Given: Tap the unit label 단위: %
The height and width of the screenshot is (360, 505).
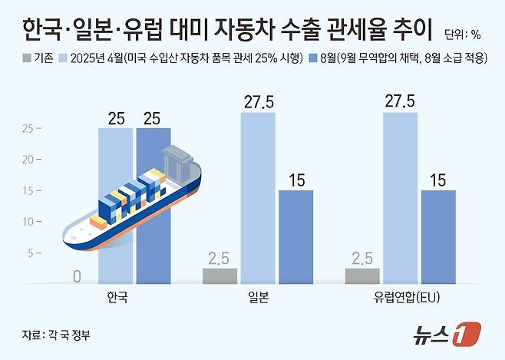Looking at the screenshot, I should pyautogui.click(x=465, y=34).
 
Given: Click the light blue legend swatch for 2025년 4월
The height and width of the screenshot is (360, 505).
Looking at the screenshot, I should pyautogui.click(x=62, y=58).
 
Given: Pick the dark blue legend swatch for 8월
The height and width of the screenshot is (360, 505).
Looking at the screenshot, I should pyautogui.click(x=312, y=58).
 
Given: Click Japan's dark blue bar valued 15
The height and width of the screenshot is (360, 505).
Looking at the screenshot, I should pyautogui.click(x=295, y=236).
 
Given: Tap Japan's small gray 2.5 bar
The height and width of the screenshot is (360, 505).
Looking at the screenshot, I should pyautogui.click(x=220, y=276).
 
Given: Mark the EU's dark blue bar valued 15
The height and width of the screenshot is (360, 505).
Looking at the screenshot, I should pyautogui.click(x=438, y=236).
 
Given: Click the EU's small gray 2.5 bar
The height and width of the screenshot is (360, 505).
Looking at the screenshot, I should pyautogui.click(x=362, y=276).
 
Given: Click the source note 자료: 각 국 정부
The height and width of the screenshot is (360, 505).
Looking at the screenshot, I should pyautogui.click(x=61, y=334).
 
